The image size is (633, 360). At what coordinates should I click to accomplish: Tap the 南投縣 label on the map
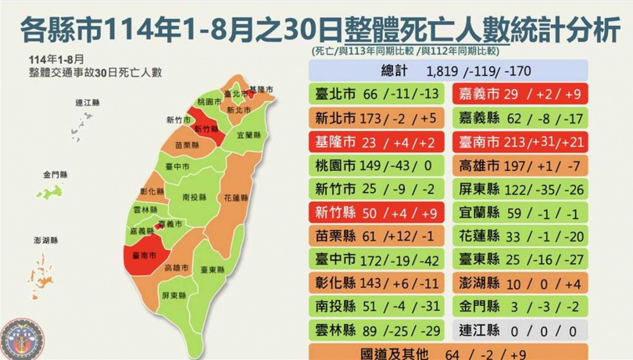click(x=194, y=197)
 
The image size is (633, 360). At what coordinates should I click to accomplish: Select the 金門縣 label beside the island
click(x=55, y=174)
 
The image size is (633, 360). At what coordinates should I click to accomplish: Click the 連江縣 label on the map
click(x=87, y=103)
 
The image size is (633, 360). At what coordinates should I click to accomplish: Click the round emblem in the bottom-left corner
click(x=18, y=338)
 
